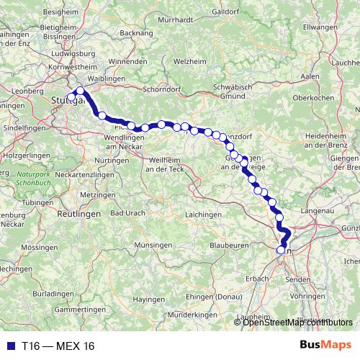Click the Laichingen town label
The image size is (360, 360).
(x=203, y=215)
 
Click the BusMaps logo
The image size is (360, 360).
(x=325, y=346)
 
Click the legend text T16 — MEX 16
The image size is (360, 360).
(x=58, y=346)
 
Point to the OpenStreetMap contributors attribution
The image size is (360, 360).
(x=298, y=322)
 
